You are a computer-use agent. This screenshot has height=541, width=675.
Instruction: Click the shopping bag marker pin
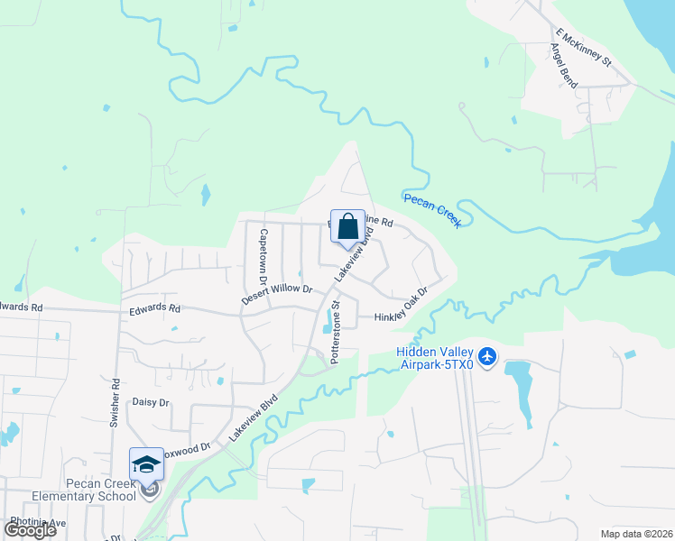click(347, 228)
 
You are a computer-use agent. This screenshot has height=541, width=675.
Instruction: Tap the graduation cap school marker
click(146, 465)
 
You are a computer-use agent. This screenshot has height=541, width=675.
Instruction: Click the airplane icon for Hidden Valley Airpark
click(487, 357)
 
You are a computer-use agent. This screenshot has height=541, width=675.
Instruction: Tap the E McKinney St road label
click(584, 50)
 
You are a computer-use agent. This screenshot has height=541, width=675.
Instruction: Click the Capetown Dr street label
click(264, 252)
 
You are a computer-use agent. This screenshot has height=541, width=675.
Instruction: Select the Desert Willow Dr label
click(276, 294)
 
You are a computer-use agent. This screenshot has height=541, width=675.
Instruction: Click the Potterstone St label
click(334, 333)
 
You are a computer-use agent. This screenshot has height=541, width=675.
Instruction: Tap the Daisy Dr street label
click(151, 402)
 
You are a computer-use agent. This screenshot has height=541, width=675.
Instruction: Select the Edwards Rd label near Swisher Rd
click(154, 307)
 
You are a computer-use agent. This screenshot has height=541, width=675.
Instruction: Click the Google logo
click(30, 530)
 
